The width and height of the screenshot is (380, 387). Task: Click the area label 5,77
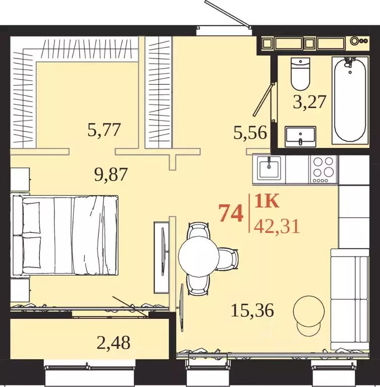(104, 130)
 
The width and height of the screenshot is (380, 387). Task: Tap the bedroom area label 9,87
(111, 174)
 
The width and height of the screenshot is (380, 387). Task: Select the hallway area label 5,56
(250, 133)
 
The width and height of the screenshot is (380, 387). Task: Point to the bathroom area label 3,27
(310, 102)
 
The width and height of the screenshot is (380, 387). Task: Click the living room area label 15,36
(252, 310)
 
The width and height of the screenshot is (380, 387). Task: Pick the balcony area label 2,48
(114, 343)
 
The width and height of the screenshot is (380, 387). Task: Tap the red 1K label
(266, 201)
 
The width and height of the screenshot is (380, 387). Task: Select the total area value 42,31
(277, 227)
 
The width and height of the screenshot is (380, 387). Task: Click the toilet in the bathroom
(300, 74)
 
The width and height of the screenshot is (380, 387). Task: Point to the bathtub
(350, 100)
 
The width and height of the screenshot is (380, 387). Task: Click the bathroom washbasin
(300, 137)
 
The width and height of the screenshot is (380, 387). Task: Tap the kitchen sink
(269, 168)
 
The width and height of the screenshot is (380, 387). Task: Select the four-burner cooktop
(323, 169)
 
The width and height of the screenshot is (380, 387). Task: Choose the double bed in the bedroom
(66, 235)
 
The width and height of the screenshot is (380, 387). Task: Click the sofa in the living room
(350, 299)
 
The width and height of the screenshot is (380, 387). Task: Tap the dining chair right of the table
(229, 258)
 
